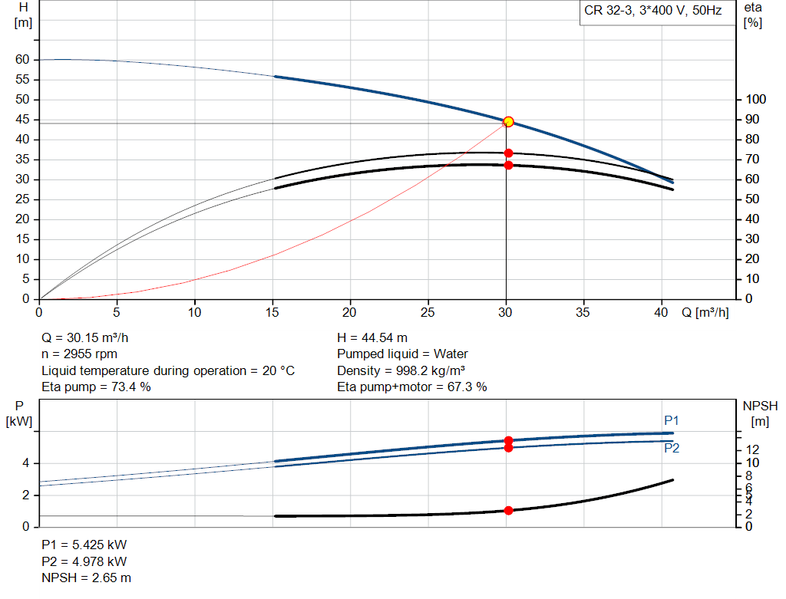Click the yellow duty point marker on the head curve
507,122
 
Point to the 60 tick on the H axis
22,60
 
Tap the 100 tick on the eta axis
756,100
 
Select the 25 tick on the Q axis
428,313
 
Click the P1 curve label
671,420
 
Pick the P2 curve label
671,448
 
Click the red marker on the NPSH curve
508,510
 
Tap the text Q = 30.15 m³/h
91,337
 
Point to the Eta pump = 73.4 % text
96,387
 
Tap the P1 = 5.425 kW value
84,545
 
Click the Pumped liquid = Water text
402,354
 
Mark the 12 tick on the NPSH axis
753,449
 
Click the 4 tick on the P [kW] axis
26,463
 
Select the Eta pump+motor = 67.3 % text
412,387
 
